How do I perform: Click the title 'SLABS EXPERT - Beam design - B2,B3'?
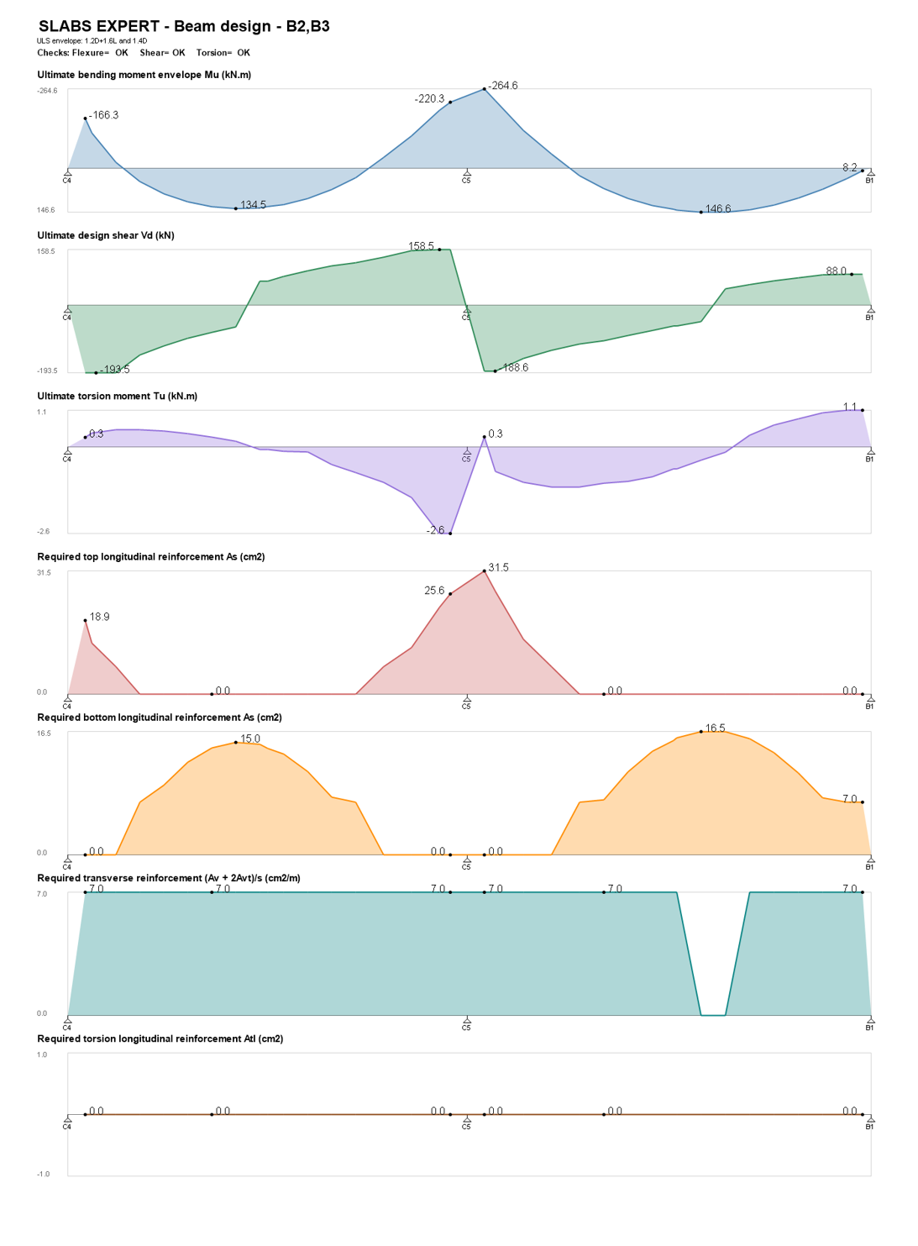click(x=184, y=26)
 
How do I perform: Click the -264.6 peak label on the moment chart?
click(x=502, y=86)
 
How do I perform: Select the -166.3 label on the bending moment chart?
click(x=103, y=115)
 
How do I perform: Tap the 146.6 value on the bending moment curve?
click(x=718, y=208)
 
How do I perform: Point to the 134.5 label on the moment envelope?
click(x=253, y=205)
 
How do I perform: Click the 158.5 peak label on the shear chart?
click(x=421, y=246)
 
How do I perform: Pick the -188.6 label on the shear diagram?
click(x=513, y=367)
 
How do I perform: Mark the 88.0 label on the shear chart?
click(x=836, y=271)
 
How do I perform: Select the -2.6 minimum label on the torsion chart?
click(x=435, y=530)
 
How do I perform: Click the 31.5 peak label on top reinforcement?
click(x=498, y=567)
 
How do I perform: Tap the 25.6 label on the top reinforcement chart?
click(x=434, y=590)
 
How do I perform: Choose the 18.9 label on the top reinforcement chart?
click(x=100, y=617)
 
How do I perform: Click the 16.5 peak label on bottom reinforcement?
click(x=715, y=728)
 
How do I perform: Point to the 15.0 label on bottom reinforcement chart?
click(x=250, y=739)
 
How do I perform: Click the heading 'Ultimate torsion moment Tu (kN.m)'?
click(x=118, y=396)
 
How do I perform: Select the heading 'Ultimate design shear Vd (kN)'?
click(x=106, y=235)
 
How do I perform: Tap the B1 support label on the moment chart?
click(x=869, y=181)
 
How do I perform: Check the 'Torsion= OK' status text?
click(x=223, y=53)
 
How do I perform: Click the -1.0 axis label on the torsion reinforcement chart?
click(x=44, y=1174)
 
